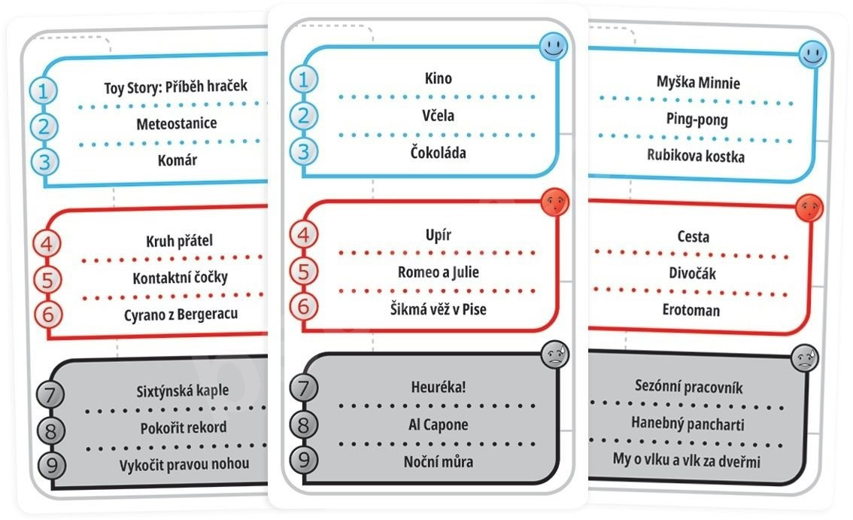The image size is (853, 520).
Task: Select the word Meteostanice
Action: [x=177, y=123]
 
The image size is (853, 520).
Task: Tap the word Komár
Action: [x=178, y=160]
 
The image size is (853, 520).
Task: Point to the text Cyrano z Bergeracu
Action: [x=181, y=314]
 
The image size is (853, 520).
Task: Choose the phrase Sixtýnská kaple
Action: [x=183, y=391]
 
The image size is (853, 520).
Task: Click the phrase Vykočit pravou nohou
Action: [x=184, y=464]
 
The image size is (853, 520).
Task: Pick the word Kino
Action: [x=438, y=78]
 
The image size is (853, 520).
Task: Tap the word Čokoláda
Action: [x=438, y=153]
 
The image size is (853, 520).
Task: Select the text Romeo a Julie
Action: [x=438, y=272]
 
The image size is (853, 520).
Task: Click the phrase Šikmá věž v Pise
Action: [x=438, y=309]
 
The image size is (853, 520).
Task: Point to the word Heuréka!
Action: [x=438, y=388]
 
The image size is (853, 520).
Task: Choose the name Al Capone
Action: [x=438, y=424]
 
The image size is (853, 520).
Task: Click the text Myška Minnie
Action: [x=697, y=82]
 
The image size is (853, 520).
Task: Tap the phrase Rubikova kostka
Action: [x=696, y=156]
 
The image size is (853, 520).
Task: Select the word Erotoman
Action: [x=691, y=309]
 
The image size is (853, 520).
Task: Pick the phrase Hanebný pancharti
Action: [x=688, y=424]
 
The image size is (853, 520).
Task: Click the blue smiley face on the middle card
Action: [x=554, y=48]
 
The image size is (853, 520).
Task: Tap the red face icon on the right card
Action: [x=809, y=207]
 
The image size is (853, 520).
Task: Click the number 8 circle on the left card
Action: [x=50, y=430]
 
